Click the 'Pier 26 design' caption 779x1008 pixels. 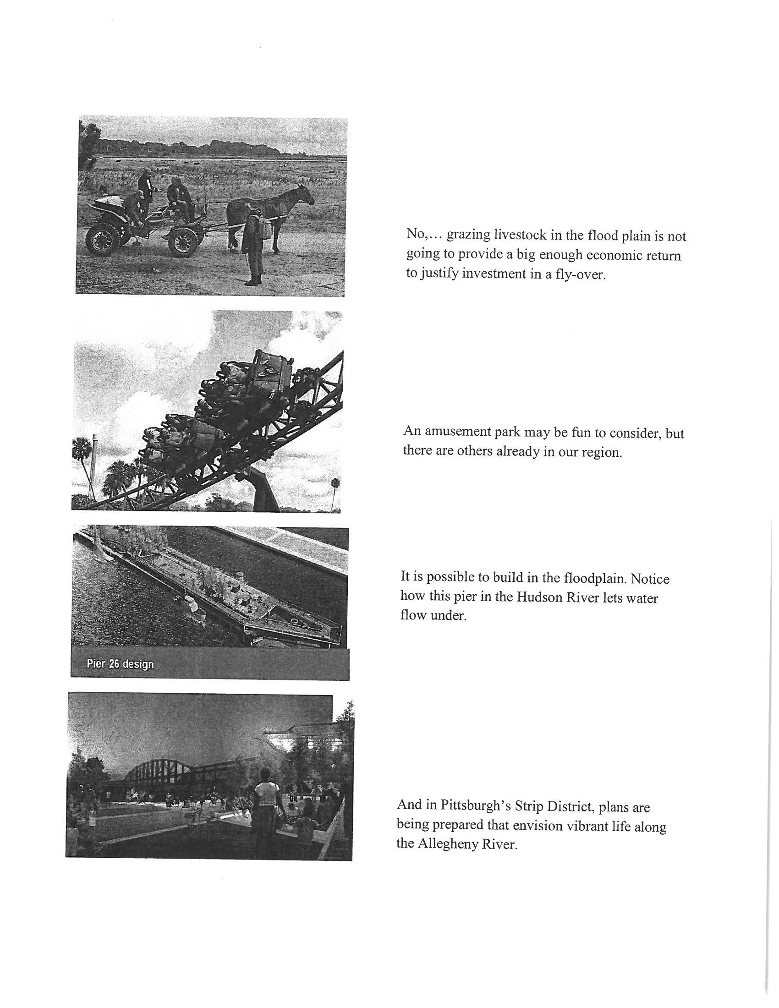point(120,664)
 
